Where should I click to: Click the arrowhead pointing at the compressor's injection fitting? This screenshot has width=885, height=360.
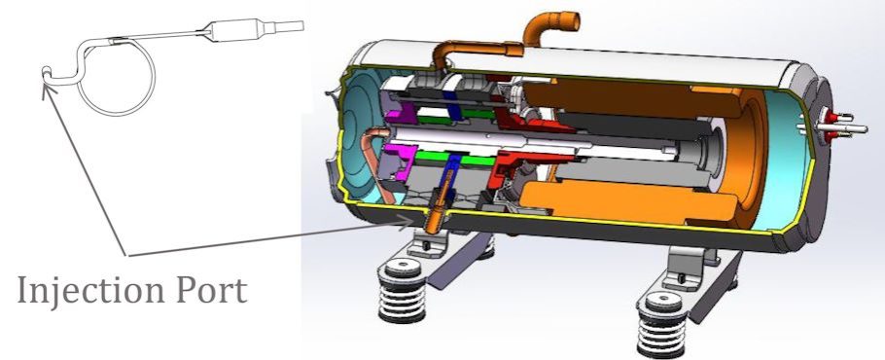point(407,222)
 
